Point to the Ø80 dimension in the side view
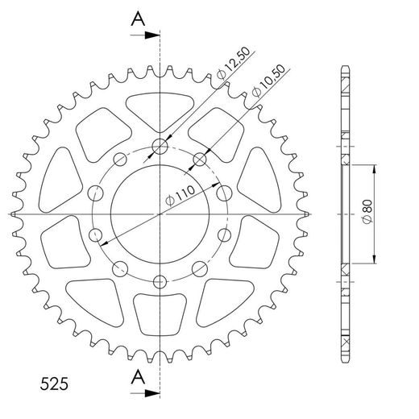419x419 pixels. tap(367, 214)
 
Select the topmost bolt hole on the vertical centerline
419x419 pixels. tap(160, 147)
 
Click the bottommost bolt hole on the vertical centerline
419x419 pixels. tap(160, 281)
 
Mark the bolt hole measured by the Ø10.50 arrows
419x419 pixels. tap(199, 158)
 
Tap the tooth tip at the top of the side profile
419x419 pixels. tap(345, 67)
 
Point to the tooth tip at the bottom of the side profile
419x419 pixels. tap(345, 360)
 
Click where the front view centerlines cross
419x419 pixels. tap(160, 214)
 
